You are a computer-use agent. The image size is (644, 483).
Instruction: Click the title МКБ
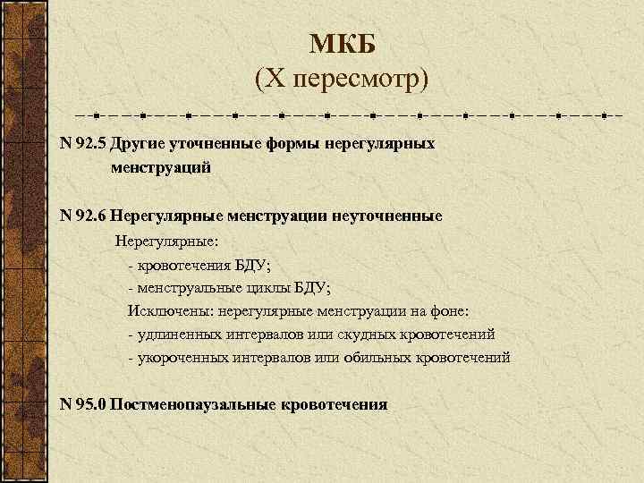point(343,44)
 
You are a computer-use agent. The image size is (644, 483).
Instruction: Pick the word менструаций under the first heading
point(161,166)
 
